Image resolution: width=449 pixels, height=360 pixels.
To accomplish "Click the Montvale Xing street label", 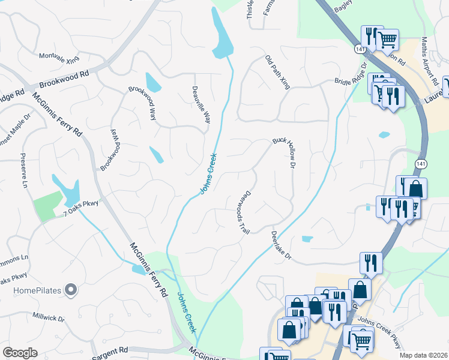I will tap(59, 58).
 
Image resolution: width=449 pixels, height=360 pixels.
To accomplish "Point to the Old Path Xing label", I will tap(277, 73).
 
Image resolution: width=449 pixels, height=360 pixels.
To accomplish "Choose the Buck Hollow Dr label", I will tap(286, 151).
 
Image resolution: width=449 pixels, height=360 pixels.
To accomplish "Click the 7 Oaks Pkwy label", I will tap(80, 208).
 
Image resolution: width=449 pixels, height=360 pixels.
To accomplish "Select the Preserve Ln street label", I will tap(25, 176).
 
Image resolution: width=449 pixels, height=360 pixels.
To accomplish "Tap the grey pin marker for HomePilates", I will tap(71, 290).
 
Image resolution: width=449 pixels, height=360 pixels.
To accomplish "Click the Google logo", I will tap(20, 353).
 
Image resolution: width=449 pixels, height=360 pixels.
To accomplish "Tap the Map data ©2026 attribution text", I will tap(423, 355).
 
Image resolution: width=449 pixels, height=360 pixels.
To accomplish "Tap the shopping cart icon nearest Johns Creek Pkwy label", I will tap(361, 340).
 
